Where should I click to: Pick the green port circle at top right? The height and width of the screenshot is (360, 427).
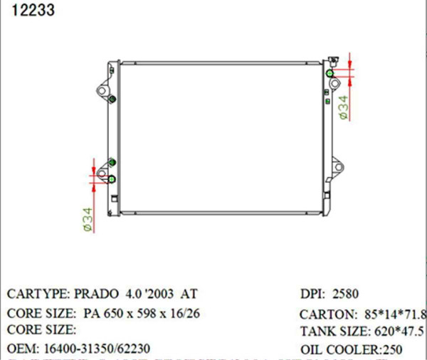(330, 73)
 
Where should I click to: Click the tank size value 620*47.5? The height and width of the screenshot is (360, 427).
(398, 332)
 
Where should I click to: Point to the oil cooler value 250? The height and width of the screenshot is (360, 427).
(391, 349)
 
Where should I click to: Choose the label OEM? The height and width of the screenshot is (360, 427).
(23, 349)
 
